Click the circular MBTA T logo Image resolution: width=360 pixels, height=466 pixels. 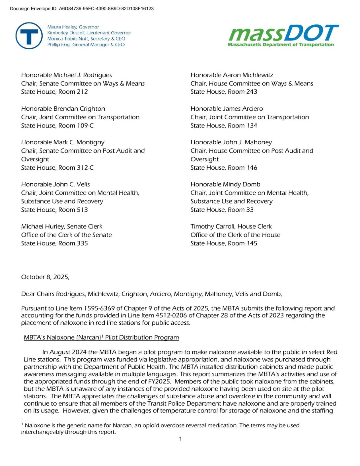(29, 36)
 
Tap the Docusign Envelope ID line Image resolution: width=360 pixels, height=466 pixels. (82, 9)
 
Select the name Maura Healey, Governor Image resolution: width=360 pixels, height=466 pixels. (73, 27)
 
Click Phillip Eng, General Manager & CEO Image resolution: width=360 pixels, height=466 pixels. (86, 45)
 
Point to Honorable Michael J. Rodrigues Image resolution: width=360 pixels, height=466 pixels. (66, 75)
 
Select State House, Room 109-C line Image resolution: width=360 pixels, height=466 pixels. (57, 126)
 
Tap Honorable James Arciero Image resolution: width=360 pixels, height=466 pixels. (227, 109)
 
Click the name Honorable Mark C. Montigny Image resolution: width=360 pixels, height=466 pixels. (63, 142)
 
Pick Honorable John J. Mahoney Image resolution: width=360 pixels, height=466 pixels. (231, 142)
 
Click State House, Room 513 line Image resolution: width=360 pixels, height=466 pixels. (54, 210)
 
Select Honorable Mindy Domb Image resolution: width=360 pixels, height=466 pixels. (225, 184)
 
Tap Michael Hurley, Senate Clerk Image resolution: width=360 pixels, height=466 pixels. (61, 227)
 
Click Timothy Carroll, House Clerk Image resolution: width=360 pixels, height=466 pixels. (231, 227)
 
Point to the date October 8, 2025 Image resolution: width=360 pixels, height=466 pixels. (45, 277)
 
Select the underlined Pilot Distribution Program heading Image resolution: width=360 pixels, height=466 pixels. (101, 338)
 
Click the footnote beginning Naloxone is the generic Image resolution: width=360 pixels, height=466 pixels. (160, 429)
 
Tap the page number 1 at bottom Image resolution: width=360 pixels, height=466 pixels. (180, 439)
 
